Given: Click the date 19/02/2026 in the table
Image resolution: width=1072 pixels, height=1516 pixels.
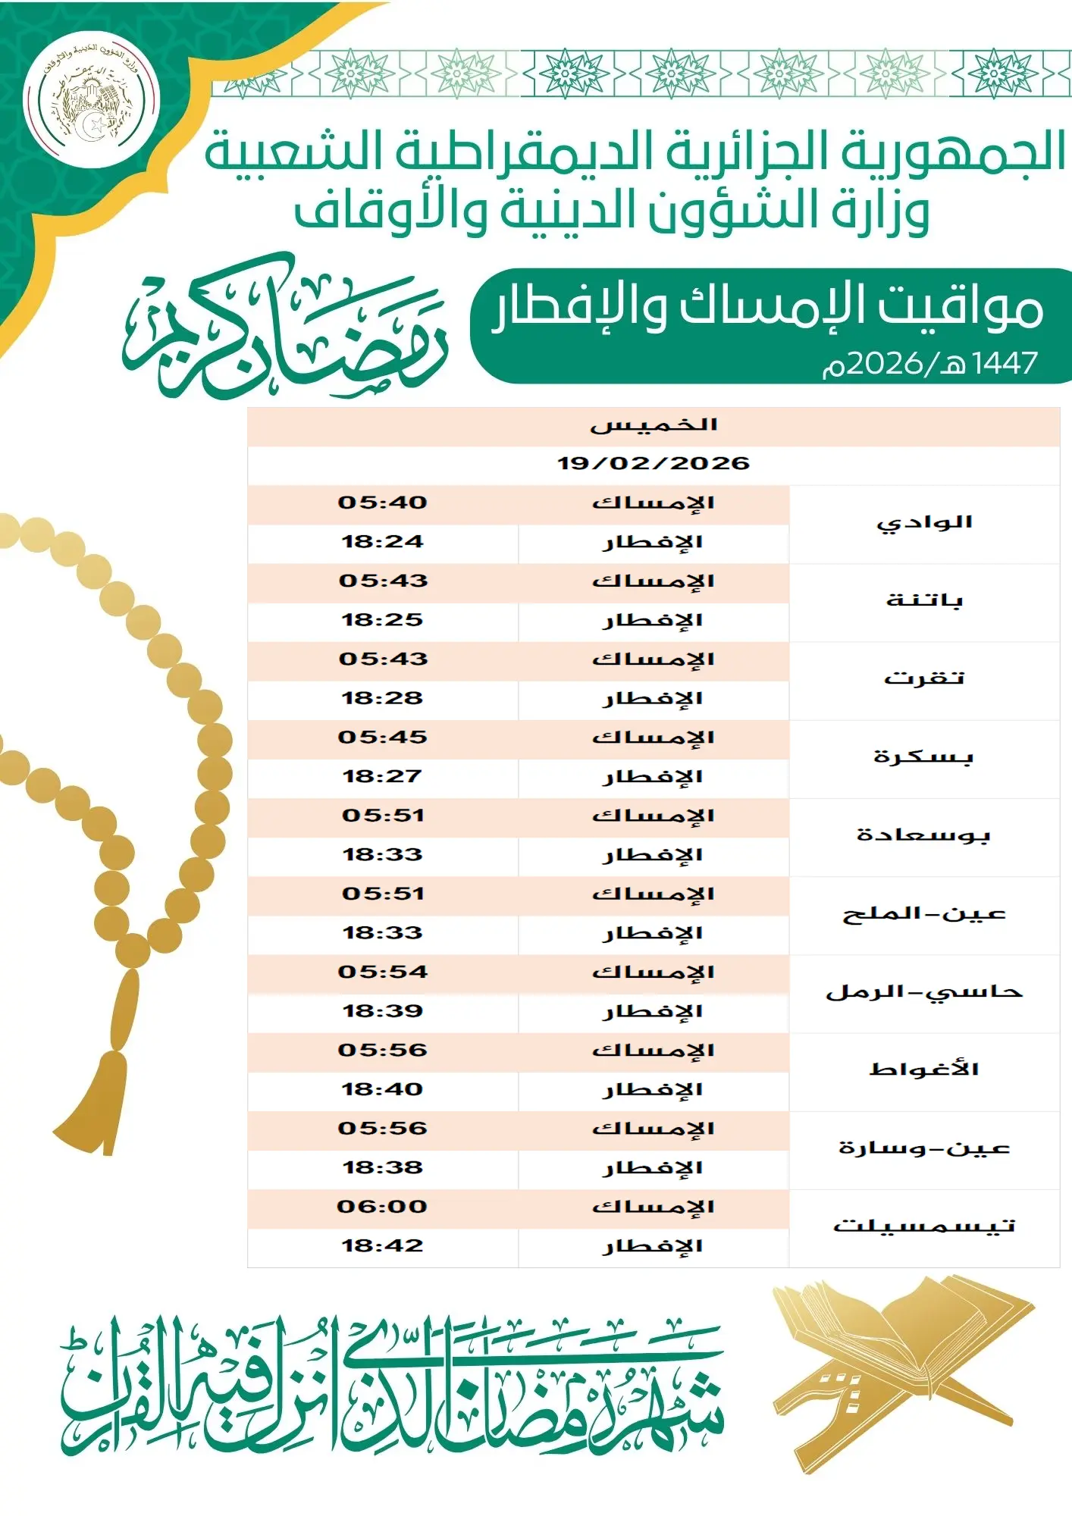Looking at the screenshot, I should pos(654,463).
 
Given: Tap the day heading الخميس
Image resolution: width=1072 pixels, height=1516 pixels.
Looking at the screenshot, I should pos(654,424).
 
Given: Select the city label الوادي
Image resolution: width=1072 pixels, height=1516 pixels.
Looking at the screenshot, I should pos(924,523).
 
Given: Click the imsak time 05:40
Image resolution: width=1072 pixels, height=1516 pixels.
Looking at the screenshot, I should pos(383,503).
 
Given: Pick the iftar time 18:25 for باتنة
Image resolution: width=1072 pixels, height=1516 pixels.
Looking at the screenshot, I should pos(383,620).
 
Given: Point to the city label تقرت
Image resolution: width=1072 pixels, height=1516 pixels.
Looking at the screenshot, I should pos(924,678).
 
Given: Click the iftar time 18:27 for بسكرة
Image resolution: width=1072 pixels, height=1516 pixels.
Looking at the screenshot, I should pos(383,776).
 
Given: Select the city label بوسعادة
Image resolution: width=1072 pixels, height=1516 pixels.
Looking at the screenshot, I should pos(924,835).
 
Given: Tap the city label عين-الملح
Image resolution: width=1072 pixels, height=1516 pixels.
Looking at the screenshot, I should pos(924,913).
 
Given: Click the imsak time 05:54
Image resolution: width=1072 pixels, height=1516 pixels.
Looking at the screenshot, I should pos(383,972).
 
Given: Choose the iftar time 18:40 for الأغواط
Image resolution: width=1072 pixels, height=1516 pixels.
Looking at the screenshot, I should pos(383,1089).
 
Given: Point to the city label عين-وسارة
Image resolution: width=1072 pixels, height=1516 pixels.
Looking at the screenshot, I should pos(924,1148).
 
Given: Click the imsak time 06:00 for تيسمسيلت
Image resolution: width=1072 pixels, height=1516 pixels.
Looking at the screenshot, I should pos(383,1207).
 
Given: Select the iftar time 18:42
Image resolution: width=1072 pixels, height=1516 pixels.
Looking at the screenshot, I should pos(383,1245).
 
